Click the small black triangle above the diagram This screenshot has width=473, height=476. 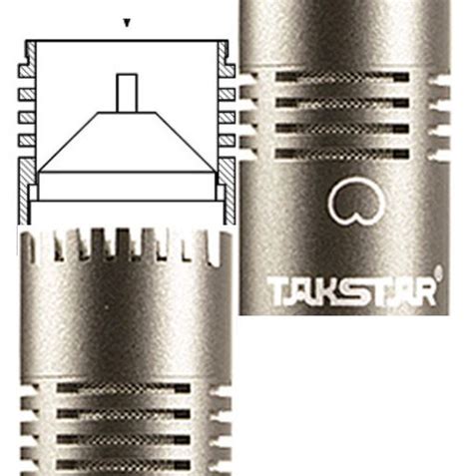point(126,21)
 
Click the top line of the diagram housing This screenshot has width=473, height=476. point(126,41)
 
